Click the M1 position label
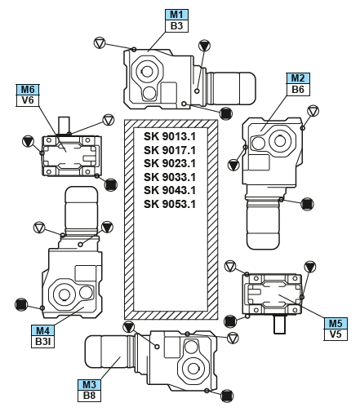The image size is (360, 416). point(176,15)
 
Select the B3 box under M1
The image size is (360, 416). point(176,26)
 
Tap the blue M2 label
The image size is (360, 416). point(298,78)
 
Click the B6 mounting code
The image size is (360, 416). point(298,90)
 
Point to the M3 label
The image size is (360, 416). point(89,385)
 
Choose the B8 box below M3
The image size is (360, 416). point(89,396)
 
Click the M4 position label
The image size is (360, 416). point(42,330)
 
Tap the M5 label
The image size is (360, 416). point(336,323)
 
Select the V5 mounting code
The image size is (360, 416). point(336,334)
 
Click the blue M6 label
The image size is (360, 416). point(28,90)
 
